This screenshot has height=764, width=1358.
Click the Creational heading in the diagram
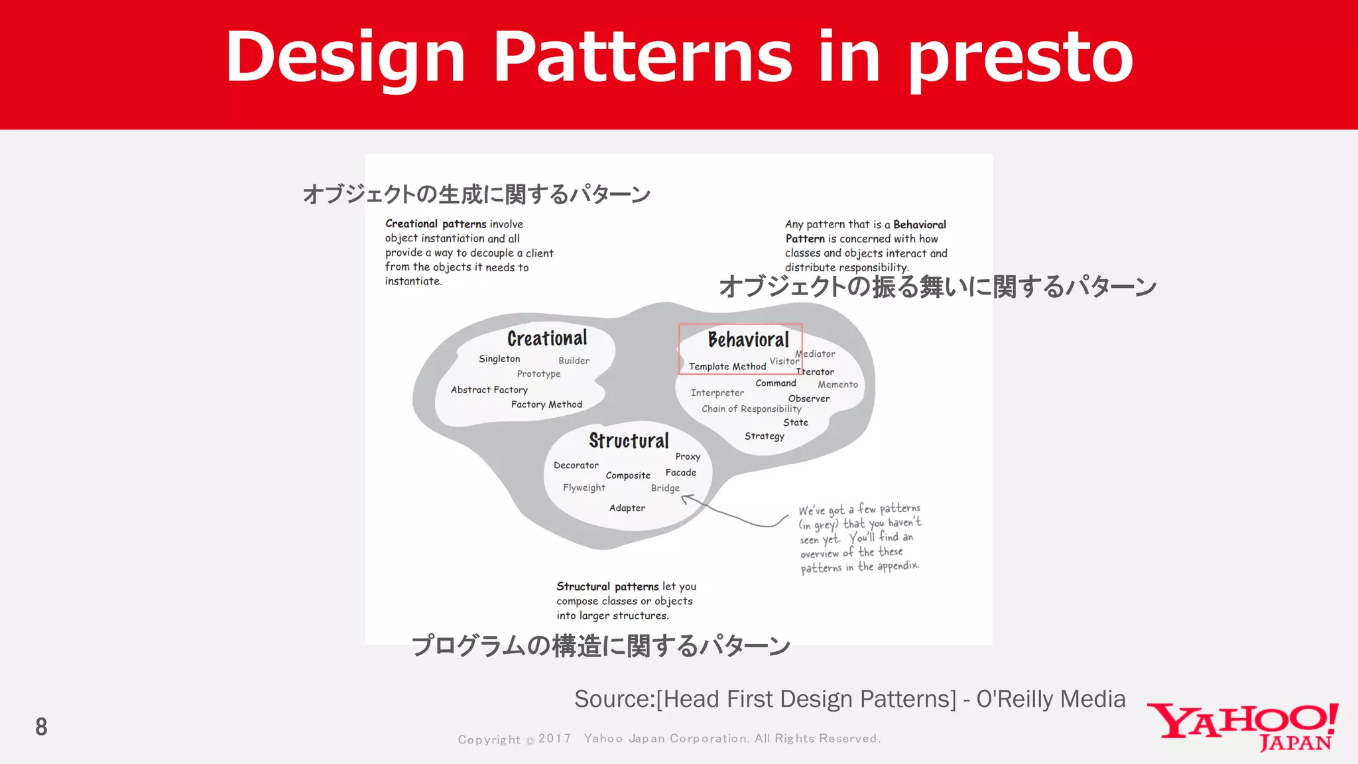point(547,338)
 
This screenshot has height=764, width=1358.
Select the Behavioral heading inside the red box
point(748,340)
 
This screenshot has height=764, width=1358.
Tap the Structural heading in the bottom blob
point(629,440)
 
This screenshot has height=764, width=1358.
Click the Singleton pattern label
point(499,359)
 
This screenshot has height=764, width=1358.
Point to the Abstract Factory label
point(489,390)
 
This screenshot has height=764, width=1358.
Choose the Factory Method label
point(546,405)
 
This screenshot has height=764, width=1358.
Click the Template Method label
point(727,366)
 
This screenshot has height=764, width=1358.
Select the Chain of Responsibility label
point(751,409)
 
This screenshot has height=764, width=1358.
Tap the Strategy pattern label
point(764,436)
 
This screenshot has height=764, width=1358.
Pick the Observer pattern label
point(808,399)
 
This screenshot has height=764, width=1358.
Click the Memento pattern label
point(837,385)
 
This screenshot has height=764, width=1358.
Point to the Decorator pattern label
point(576,466)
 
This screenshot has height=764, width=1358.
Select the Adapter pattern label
point(627,508)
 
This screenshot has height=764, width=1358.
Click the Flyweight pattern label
point(584,487)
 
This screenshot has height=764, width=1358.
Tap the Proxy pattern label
point(688,457)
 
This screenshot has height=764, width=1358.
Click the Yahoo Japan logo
point(1243,727)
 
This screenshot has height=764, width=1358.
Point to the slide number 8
point(41,727)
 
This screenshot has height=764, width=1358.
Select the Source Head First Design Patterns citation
point(849,699)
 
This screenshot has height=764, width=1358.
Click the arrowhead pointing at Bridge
point(686,498)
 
